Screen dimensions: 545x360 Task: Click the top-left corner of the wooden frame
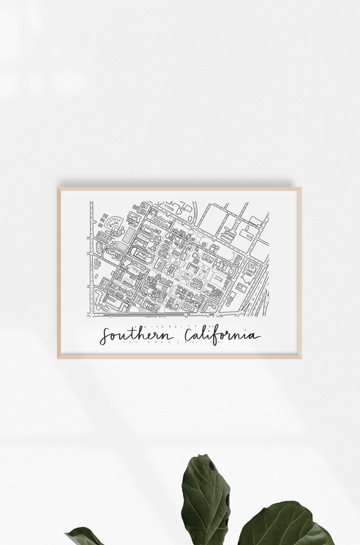click(x=58, y=189)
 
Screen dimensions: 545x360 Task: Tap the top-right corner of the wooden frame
click(x=300, y=189)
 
